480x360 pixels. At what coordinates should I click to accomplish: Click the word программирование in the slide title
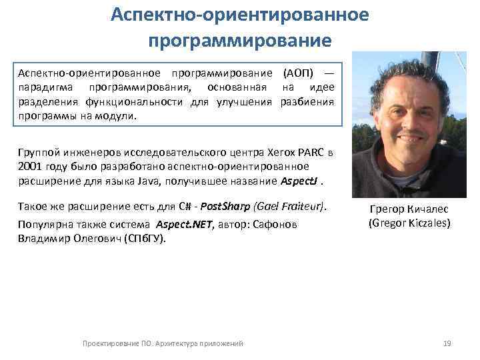239,41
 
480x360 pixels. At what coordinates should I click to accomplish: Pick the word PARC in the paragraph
310,153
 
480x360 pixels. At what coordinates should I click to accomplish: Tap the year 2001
31,167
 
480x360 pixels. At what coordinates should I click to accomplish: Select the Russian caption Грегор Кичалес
410,210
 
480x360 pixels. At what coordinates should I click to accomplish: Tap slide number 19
447,343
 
